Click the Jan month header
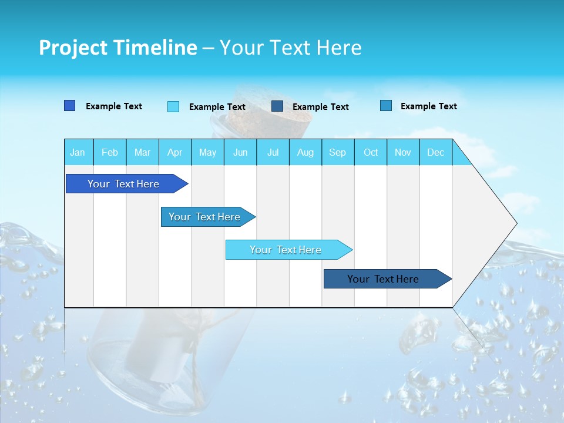pyautogui.click(x=78, y=153)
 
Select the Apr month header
pyautogui.click(x=175, y=153)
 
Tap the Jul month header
pyautogui.click(x=273, y=153)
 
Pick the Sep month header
pyautogui.click(x=338, y=153)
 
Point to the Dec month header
pyautogui.click(x=435, y=153)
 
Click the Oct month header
pyautogui.click(x=371, y=153)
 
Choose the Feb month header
pyautogui.click(x=110, y=153)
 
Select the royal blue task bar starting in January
pyautogui.click(x=123, y=184)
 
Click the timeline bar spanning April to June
pyautogui.click(x=204, y=217)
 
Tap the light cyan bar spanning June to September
pyautogui.click(x=286, y=250)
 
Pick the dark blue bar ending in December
pyautogui.click(x=383, y=279)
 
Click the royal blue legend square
pyautogui.click(x=69, y=106)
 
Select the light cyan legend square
pyautogui.click(x=173, y=106)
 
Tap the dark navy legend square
pyautogui.click(x=277, y=106)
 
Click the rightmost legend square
pyautogui.click(x=386, y=106)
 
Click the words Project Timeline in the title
pyautogui.click(x=118, y=48)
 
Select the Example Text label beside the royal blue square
pyautogui.click(x=114, y=106)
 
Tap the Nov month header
pyautogui.click(x=403, y=153)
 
